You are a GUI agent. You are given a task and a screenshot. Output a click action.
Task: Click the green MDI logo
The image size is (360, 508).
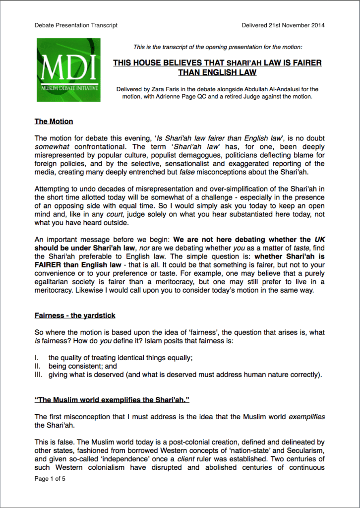pos(68,70)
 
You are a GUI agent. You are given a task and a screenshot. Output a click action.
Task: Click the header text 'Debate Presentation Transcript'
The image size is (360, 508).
pos(76,25)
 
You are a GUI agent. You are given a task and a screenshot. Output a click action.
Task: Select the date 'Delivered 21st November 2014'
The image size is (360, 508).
pos(283,25)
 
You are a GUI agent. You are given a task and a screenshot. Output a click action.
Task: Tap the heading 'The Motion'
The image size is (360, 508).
pos(54,121)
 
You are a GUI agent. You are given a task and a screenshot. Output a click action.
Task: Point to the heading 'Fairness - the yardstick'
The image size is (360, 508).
pos(74,316)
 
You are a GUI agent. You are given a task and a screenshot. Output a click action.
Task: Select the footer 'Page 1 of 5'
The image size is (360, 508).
pos(50,479)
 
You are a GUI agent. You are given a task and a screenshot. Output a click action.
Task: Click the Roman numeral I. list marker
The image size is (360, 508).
pos(37,358)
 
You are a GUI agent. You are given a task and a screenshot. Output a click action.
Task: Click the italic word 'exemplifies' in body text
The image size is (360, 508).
pos(307,417)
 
